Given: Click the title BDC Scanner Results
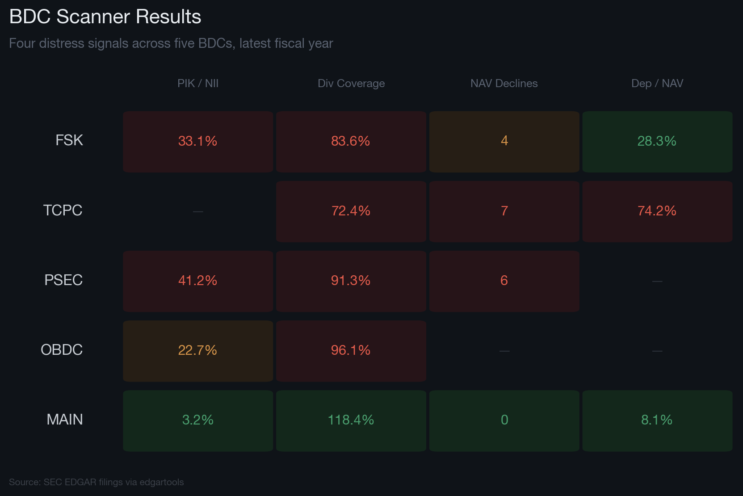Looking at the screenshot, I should pos(105,17).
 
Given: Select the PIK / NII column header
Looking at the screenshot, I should pos(198,84).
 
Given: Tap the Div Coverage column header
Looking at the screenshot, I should pos(351,84).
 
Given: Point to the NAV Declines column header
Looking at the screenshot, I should pos(504,84).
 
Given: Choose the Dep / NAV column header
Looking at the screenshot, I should pos(657,84).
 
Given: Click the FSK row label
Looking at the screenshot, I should pos(69,140).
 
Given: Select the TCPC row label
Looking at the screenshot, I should pos(63,210).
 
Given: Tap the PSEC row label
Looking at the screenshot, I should pos(63,280).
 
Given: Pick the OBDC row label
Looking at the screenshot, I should pos(62,350).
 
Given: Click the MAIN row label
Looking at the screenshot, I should pos(65,420).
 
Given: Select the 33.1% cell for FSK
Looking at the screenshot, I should pos(198,141).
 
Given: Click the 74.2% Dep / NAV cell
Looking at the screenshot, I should pos(657,211).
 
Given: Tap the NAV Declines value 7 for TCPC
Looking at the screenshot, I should pos(504,211).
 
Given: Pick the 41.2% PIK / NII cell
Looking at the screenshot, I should pos(198,281).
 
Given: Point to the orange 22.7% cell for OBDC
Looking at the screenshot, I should pos(198,350).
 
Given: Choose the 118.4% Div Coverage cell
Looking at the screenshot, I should pos(351,420).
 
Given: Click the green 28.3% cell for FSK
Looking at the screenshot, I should pos(657,141).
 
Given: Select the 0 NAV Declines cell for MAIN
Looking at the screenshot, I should pos(504,420).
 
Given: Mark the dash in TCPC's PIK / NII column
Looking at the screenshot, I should pos(198,211).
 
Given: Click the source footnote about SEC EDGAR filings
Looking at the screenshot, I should pos(97,482).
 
